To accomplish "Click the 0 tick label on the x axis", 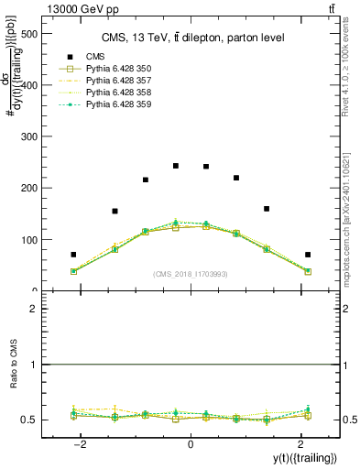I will click(x=191, y=444).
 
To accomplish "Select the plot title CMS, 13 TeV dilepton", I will click(x=191, y=38).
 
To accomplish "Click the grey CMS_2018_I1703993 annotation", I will click(x=191, y=274).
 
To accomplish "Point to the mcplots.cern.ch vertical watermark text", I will click(x=353, y=220).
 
